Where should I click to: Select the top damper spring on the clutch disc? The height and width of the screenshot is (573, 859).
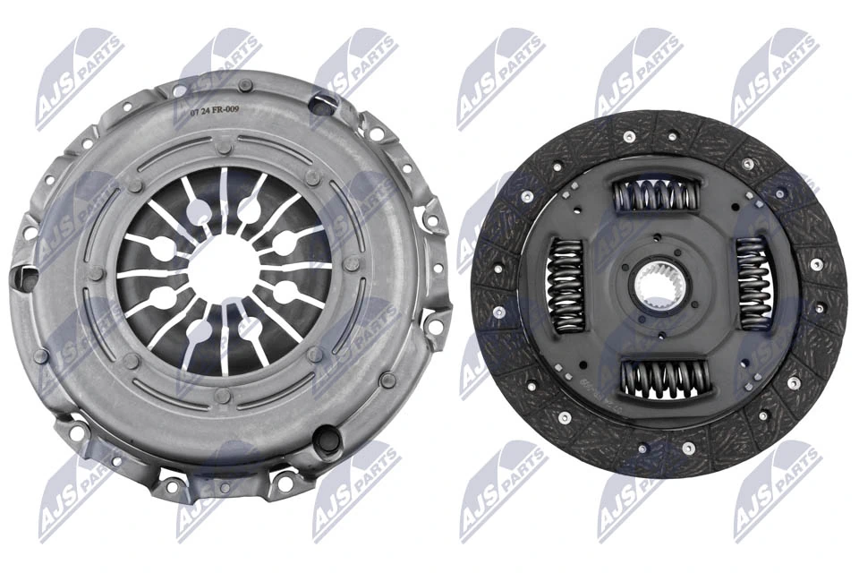[656, 193]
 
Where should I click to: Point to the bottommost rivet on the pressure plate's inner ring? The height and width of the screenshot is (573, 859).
[224, 394]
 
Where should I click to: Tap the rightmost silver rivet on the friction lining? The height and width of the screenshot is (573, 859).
[816, 265]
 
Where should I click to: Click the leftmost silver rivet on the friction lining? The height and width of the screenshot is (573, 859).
[498, 312]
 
